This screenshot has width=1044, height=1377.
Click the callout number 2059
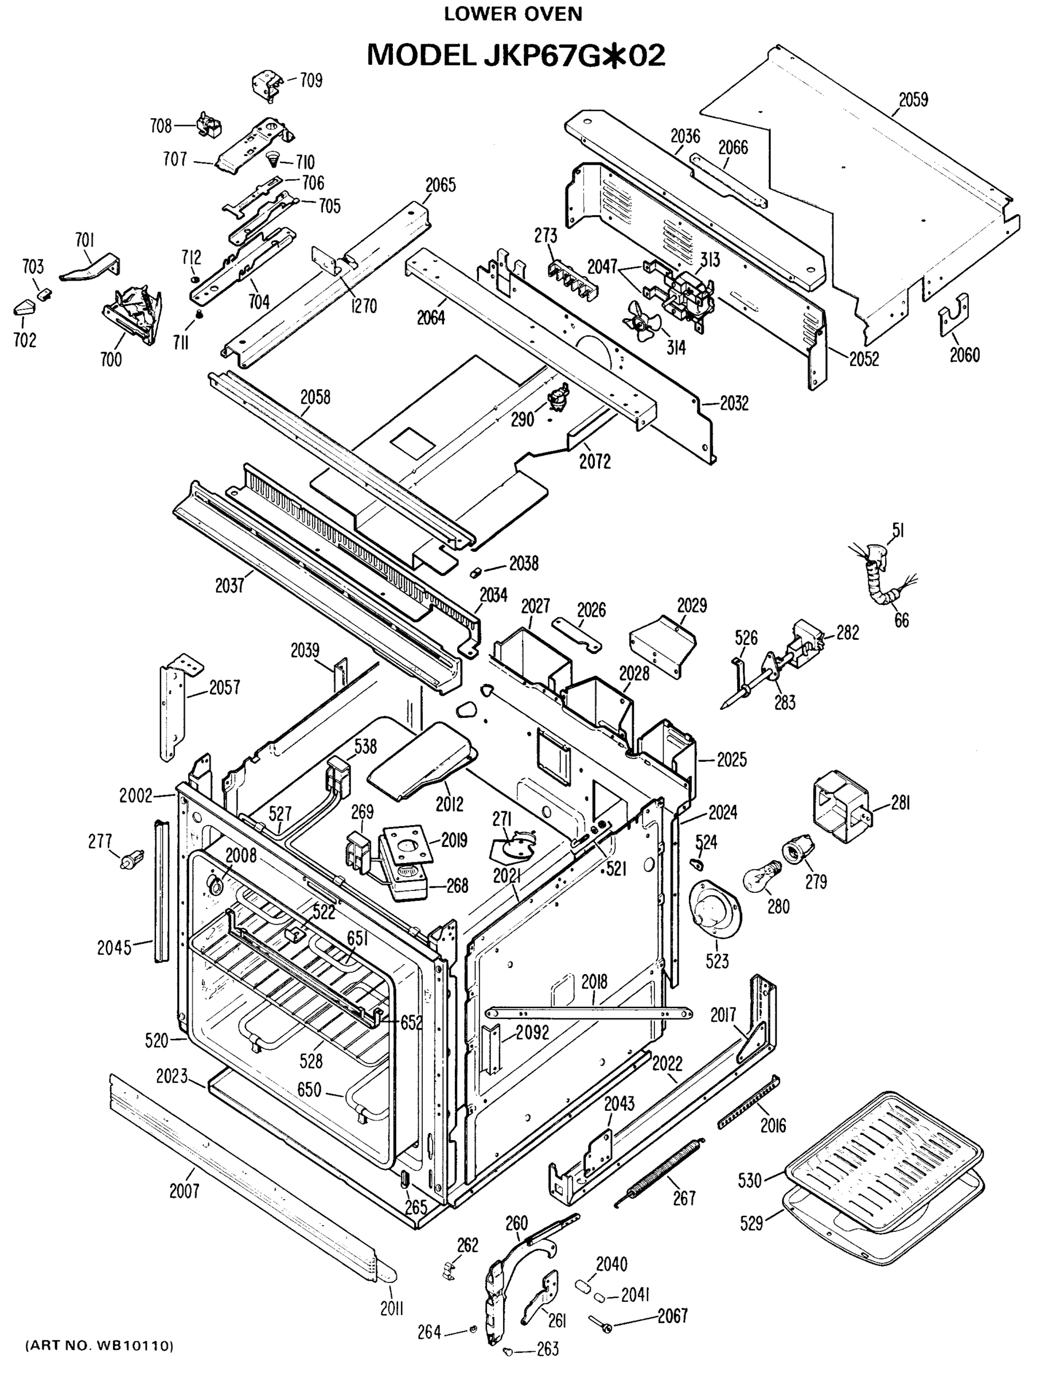[x=913, y=100]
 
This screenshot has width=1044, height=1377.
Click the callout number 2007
[x=184, y=1192]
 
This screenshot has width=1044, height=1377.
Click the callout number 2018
[x=594, y=982]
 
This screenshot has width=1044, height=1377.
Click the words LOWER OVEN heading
[x=513, y=14]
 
